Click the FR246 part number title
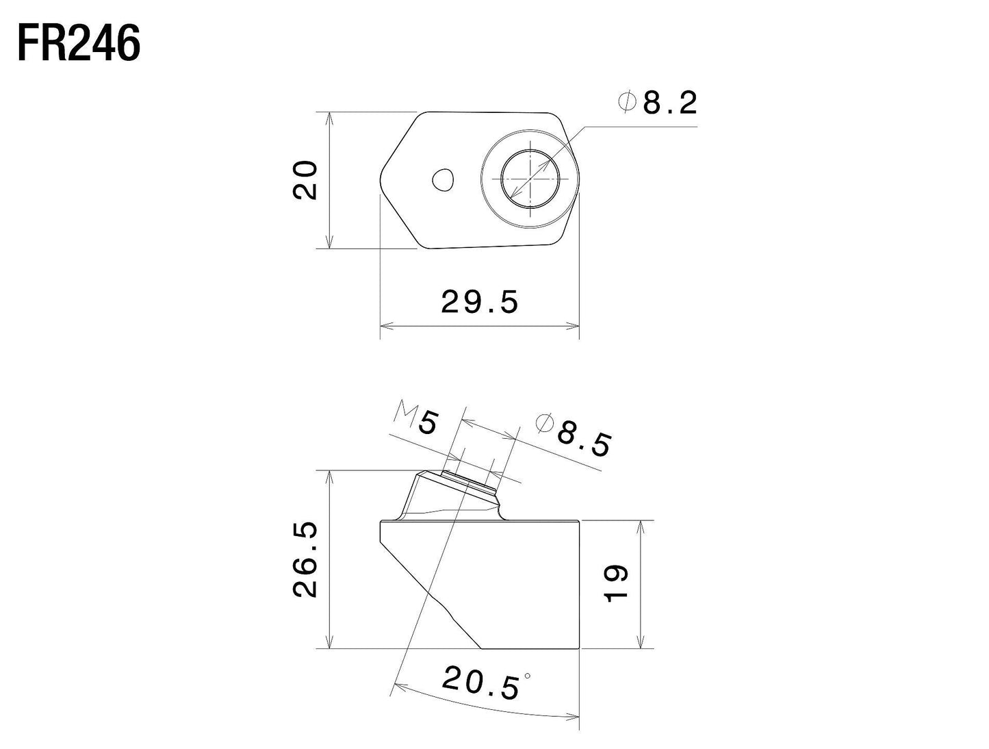pos(79,44)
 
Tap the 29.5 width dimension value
pos(480,301)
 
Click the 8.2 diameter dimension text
pos(669,103)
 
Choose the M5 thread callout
pos(415,419)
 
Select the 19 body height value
pos(617,583)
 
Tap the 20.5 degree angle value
pos(480,683)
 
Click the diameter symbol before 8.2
pos(627,103)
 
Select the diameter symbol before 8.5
pos(545,422)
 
